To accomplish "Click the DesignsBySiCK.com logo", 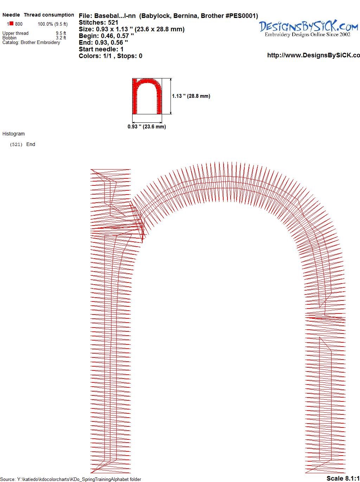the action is (308, 28).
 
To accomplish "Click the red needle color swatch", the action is (11, 24).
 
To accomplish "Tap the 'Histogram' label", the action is (13, 134).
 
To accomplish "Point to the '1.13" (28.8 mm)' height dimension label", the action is (191, 96).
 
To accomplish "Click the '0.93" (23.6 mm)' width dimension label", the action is (147, 127).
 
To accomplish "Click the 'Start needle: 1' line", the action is (101, 49).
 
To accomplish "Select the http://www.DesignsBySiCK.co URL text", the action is (314, 55).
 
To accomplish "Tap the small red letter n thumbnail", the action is (147, 96).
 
